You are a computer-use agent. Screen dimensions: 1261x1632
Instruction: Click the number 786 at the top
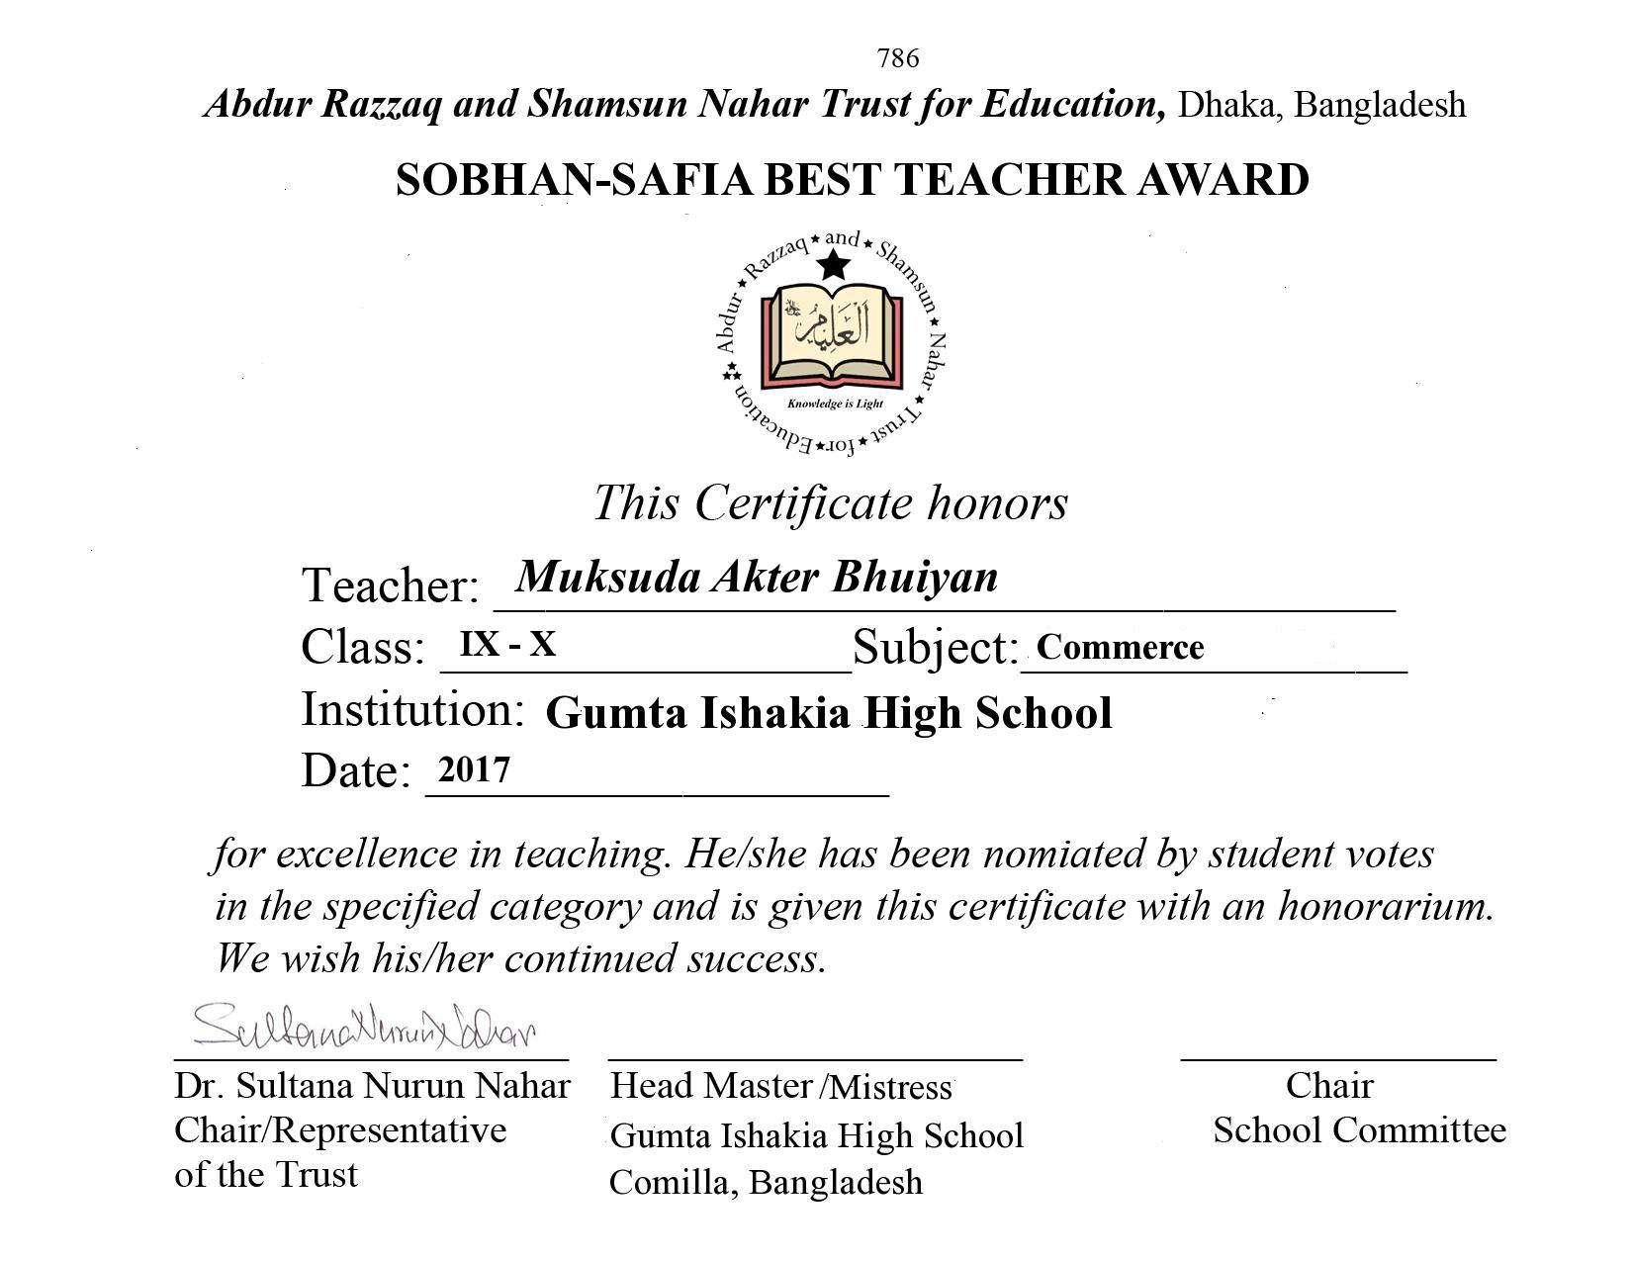(x=897, y=58)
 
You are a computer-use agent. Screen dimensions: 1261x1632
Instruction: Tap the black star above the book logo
(x=835, y=264)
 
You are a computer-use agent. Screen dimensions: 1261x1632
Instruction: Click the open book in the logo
(x=832, y=336)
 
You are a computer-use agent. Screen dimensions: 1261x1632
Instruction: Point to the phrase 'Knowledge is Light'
(x=835, y=404)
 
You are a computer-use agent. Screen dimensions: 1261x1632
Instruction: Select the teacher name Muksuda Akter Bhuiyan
(x=757, y=577)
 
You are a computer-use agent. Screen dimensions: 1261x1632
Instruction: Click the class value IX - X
(x=507, y=645)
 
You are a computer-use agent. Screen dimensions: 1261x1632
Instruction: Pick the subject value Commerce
(x=1120, y=647)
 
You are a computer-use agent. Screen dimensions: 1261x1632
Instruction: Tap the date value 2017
(x=474, y=769)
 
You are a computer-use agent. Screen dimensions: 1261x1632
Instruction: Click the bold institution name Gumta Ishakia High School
(x=829, y=713)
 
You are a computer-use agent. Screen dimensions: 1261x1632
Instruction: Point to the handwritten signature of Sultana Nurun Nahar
(x=364, y=1026)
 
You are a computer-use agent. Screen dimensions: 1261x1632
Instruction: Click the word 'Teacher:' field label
(x=390, y=585)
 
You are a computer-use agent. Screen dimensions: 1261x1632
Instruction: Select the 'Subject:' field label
(x=935, y=648)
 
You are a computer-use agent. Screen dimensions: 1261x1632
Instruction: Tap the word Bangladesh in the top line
(x=1379, y=105)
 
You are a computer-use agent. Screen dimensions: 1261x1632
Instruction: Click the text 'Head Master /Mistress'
(x=780, y=1086)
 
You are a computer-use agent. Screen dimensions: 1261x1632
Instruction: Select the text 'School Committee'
(x=1359, y=1129)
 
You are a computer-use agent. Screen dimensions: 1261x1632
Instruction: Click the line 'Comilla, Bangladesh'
(x=766, y=1182)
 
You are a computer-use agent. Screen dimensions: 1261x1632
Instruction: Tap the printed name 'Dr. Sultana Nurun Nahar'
(x=372, y=1086)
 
